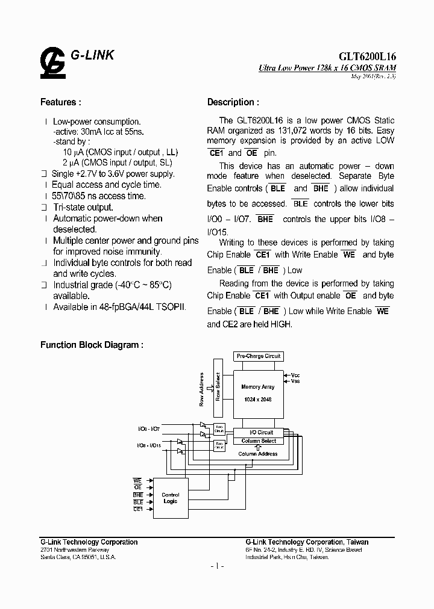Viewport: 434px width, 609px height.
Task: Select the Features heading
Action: [x=60, y=102]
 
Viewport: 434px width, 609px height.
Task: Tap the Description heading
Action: [x=233, y=102]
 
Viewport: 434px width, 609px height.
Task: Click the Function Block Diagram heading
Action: [x=92, y=345]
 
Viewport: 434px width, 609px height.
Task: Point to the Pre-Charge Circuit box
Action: [x=259, y=356]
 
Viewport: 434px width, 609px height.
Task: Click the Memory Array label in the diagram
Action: [x=258, y=387]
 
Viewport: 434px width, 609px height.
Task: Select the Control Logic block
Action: [x=171, y=498]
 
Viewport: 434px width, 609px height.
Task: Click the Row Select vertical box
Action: [x=218, y=388]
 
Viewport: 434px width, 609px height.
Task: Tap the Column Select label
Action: [x=259, y=441]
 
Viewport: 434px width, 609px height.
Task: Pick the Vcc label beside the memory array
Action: [x=295, y=375]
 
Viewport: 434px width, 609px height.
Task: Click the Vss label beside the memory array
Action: [x=295, y=381]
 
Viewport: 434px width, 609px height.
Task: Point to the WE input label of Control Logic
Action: [x=137, y=481]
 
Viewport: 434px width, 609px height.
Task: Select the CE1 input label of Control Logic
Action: [x=138, y=509]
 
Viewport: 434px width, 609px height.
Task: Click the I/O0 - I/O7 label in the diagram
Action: [x=148, y=428]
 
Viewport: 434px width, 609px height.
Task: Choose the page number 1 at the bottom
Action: [x=217, y=566]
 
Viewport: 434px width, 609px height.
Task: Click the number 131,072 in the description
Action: [x=313, y=130]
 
